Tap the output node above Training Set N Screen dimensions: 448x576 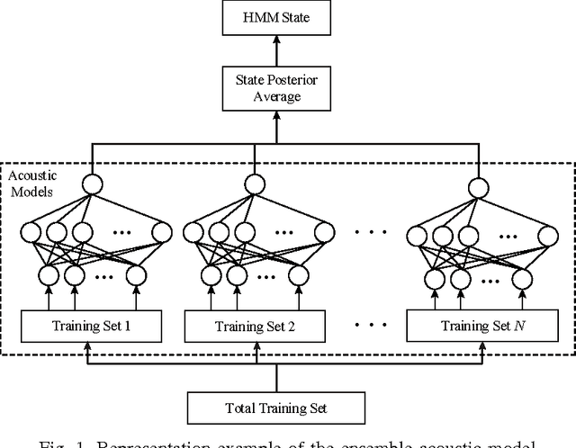click(x=478, y=188)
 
